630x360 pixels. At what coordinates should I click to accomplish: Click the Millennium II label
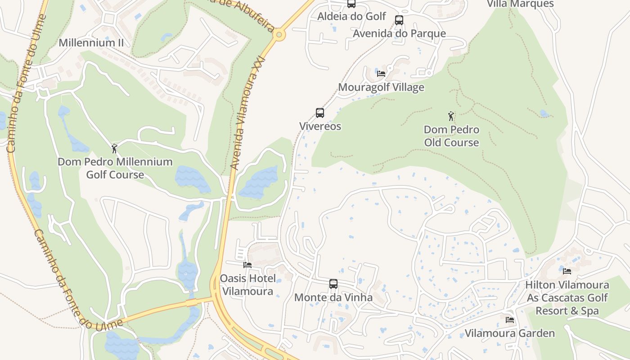91,43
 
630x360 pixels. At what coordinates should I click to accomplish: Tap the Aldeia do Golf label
351,16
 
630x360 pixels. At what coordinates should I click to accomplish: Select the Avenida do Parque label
399,33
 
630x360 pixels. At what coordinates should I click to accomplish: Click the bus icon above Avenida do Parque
399,20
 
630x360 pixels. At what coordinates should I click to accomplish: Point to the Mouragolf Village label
381,87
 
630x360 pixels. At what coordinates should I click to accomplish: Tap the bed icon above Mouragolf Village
381,74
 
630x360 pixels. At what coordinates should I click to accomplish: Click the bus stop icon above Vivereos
320,113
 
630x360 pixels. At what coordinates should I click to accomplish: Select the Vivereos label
320,126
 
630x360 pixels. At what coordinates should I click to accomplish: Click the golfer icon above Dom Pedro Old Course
451,116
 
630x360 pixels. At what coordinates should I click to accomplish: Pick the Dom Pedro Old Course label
451,136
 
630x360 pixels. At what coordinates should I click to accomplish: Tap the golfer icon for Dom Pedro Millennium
114,148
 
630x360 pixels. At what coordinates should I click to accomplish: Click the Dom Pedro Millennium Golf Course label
115,168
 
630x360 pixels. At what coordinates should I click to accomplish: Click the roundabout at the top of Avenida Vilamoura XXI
279,34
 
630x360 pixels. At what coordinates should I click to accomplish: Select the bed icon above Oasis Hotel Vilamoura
247,265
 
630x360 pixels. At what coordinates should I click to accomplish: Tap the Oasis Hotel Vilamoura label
247,285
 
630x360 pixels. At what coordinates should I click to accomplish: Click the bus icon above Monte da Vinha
333,284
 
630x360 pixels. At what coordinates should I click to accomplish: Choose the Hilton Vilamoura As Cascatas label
567,297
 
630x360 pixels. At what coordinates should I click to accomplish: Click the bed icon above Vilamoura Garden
509,320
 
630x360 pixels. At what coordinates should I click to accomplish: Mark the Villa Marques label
520,4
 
